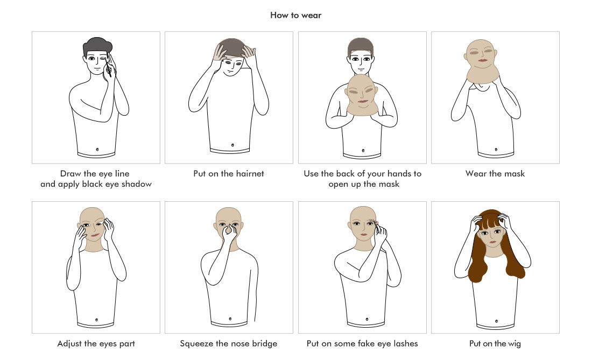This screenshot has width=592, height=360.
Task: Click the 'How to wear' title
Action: pyautogui.click(x=295, y=15)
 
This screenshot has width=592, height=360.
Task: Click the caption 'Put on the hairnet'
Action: pyautogui.click(x=228, y=174)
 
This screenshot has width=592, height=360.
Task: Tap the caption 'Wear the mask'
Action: pyautogui.click(x=495, y=174)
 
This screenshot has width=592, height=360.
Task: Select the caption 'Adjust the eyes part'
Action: pyautogui.click(x=96, y=344)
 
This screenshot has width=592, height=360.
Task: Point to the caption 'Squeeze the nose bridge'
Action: pyautogui.click(x=228, y=344)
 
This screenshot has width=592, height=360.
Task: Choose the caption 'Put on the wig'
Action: pyautogui.click(x=495, y=344)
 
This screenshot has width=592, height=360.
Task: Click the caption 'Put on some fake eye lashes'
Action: pyautogui.click(x=362, y=344)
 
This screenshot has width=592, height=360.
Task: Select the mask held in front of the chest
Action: pyautogui.click(x=362, y=95)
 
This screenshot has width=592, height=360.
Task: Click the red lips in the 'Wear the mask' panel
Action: pyautogui.click(x=483, y=60)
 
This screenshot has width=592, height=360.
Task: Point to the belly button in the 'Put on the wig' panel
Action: pyautogui.click(x=496, y=321)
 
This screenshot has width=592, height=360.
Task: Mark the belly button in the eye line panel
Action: pyautogui.click(x=97, y=150)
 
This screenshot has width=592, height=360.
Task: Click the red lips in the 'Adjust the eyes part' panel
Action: pyautogui.click(x=95, y=235)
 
